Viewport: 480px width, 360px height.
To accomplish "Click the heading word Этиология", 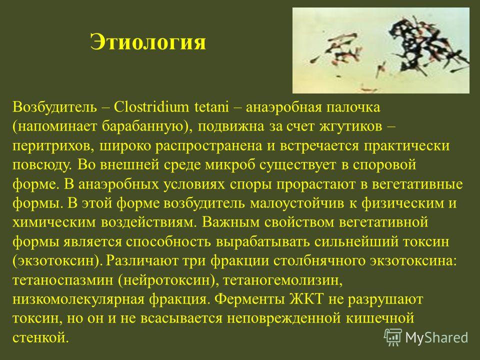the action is [x=148, y=42].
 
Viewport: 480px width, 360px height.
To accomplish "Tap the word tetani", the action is [x=211, y=107].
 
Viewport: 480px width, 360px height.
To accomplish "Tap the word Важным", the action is [x=230, y=222].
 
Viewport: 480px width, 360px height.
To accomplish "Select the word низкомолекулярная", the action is [x=78, y=299].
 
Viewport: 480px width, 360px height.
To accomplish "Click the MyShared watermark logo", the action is [x=426, y=337].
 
